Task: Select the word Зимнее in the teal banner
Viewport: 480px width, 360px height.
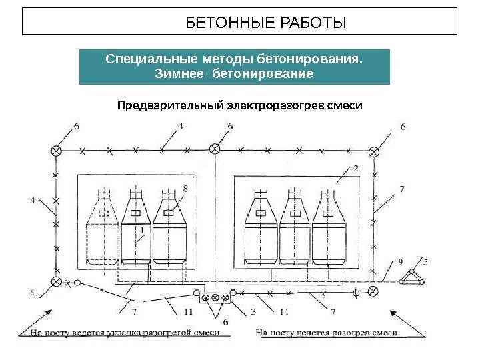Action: point(180,73)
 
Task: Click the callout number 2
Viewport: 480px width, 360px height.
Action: point(356,169)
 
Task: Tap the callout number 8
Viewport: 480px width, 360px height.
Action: point(185,189)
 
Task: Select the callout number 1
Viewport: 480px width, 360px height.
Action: point(142,230)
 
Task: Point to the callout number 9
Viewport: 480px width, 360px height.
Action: point(400,261)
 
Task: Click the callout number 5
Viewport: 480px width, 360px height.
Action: point(426,261)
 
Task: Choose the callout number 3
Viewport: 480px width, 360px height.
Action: point(253,311)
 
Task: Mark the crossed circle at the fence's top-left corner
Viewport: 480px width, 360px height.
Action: point(57,151)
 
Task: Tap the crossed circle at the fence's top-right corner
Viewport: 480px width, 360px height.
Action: point(375,151)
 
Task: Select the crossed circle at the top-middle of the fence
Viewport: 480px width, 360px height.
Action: point(215,149)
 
